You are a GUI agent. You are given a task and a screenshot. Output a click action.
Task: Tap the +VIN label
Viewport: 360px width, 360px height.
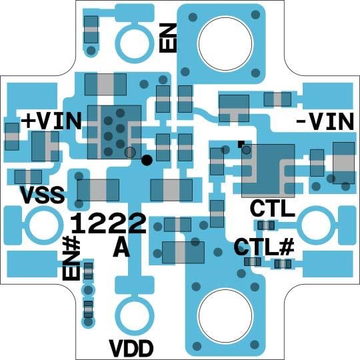tap(52, 121)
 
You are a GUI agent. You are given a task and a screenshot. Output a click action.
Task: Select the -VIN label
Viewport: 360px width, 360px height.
tap(324, 122)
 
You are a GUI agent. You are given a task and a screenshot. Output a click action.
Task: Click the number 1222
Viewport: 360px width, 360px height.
tap(109, 223)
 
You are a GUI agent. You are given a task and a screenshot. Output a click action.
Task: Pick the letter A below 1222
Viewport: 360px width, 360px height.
tap(121, 248)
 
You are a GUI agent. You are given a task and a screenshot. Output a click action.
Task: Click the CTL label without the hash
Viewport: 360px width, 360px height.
tap(273, 209)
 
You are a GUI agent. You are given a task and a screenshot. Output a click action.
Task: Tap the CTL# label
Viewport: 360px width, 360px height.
tap(264, 247)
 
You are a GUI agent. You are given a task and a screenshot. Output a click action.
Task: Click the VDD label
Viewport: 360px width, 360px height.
tap(131, 347)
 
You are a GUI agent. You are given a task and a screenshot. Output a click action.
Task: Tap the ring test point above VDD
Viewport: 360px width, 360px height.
tap(132, 313)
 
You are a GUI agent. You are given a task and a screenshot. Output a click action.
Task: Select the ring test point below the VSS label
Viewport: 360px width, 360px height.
tap(42, 225)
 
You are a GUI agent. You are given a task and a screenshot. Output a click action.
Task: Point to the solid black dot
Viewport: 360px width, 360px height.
tap(147, 159)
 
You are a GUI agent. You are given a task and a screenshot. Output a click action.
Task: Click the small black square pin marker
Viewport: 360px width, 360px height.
tap(241, 143)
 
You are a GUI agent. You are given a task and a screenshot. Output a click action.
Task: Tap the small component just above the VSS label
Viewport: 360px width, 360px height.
tap(27, 177)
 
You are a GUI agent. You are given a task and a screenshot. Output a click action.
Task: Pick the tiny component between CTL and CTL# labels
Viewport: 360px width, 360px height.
tap(267, 225)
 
